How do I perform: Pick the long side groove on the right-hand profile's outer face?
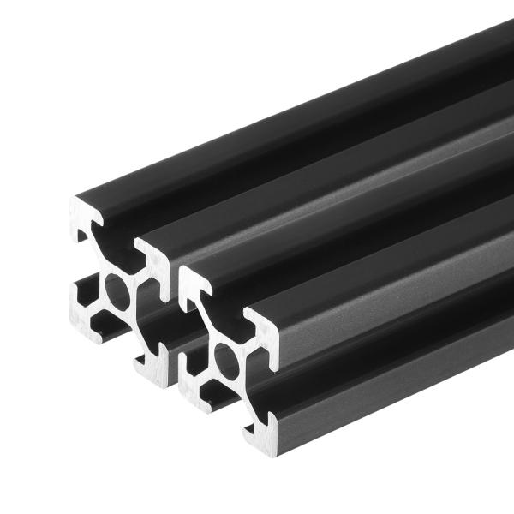[385, 343]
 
